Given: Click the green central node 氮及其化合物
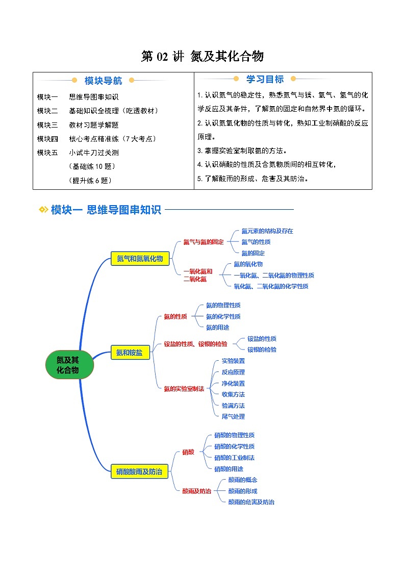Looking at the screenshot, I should pyautogui.click(x=70, y=364).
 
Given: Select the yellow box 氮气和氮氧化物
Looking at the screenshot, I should pyautogui.click(x=139, y=259).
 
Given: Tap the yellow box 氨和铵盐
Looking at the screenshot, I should pyautogui.click(x=129, y=352).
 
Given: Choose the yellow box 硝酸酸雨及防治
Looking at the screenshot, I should pyautogui.click(x=139, y=472).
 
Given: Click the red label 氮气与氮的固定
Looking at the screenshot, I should pyautogui.click(x=204, y=242).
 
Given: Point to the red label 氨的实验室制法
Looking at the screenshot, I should pyautogui.click(x=184, y=388).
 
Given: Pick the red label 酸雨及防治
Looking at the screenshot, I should pyautogui.click(x=197, y=491).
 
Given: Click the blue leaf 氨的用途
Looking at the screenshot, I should pyautogui.click(x=217, y=328).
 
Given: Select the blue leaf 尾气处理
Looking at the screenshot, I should pyautogui.click(x=233, y=416).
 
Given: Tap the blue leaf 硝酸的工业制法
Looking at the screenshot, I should pyautogui.click(x=234, y=458).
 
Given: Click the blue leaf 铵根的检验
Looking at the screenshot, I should pyautogui.click(x=262, y=350).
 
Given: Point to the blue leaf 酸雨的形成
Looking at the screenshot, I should pyautogui.click(x=242, y=491).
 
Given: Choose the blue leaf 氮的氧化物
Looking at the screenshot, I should pyautogui.click(x=248, y=264).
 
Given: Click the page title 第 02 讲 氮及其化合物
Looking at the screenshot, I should pyautogui.click(x=202, y=57).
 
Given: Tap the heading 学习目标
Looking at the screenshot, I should pyautogui.click(x=265, y=79).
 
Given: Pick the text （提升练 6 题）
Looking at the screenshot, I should pyautogui.click(x=90, y=180).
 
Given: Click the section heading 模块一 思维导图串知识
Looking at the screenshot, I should pyautogui.click(x=106, y=210).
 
